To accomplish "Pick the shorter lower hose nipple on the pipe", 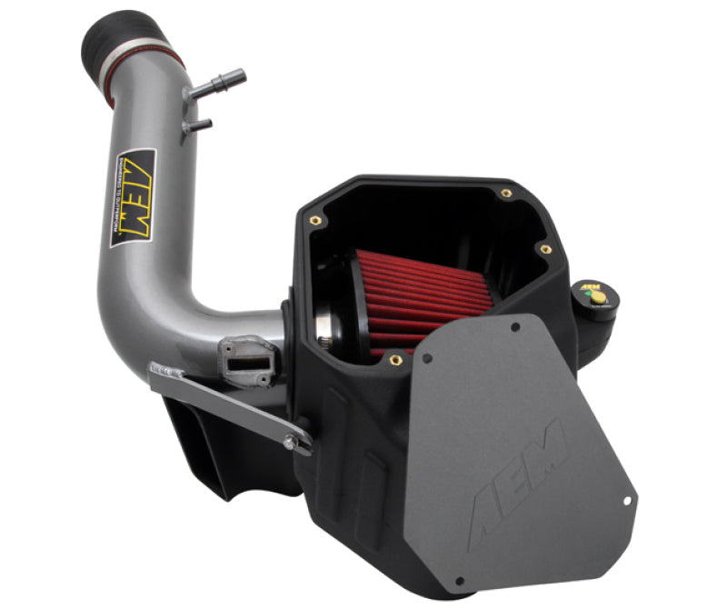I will point(198,125).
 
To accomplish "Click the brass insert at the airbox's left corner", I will point(314,219).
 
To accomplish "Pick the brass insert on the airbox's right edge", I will point(545,248).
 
